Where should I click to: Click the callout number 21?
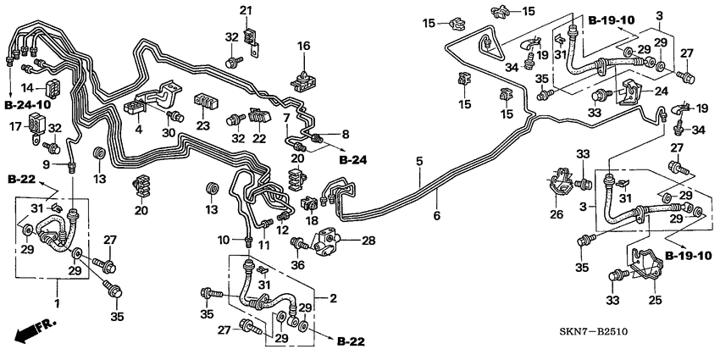coord(246,10)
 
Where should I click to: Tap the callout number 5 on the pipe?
coord(418,160)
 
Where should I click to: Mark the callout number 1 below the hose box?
coord(58,303)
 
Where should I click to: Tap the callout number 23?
coord(202,125)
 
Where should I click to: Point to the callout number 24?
coord(661,92)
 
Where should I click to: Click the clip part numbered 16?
coord(302,79)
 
